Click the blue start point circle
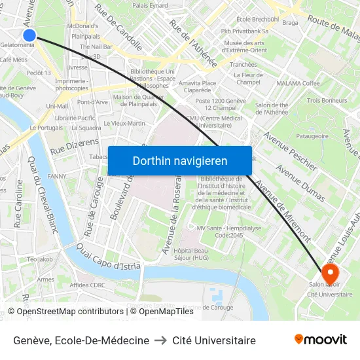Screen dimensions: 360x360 pyautogui.click(x=29, y=35)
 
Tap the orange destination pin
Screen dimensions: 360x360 pyautogui.click(x=330, y=273)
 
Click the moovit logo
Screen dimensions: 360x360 pyautogui.click(x=320, y=339)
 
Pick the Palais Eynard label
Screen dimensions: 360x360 pyautogui.click(x=150, y=5)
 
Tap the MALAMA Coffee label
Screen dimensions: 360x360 pyautogui.click(x=298, y=83)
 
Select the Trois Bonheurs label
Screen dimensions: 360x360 pyautogui.click(x=327, y=100)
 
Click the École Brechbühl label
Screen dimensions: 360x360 pyautogui.click(x=257, y=20)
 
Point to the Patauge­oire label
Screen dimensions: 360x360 pyautogui.click(x=312, y=136)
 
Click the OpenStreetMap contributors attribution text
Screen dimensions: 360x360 pyautogui.click(x=69, y=312)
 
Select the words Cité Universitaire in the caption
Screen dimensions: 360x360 pyautogui.click(x=214, y=340)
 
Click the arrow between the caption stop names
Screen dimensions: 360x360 pyautogui.click(x=161, y=340)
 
